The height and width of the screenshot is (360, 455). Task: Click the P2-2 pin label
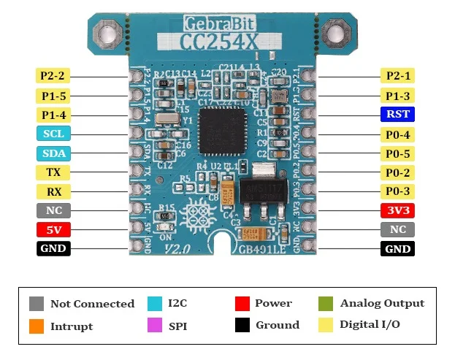pyautogui.click(x=53, y=76)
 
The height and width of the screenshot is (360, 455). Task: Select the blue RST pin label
pyautogui.click(x=398, y=115)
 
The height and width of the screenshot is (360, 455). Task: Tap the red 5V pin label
pyautogui.click(x=53, y=230)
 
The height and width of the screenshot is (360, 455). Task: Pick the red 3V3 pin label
pyautogui.click(x=398, y=211)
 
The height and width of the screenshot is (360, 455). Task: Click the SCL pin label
pyautogui.click(x=53, y=134)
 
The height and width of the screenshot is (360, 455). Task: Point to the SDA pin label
pyautogui.click(x=53, y=153)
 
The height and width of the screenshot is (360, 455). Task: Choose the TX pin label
pyautogui.click(x=53, y=172)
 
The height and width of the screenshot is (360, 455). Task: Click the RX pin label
pyautogui.click(x=53, y=192)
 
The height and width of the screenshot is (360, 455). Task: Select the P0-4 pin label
pyautogui.click(x=398, y=134)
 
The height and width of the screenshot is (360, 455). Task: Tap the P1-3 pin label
pyautogui.click(x=398, y=96)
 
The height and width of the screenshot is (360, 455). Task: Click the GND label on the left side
pyautogui.click(x=53, y=249)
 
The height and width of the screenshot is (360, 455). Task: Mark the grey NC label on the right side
pyautogui.click(x=398, y=230)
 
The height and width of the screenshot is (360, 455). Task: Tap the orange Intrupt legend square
pyautogui.click(x=37, y=326)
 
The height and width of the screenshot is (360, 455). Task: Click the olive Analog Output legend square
pyautogui.click(x=326, y=303)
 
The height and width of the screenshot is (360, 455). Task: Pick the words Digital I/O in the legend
pyautogui.click(x=370, y=324)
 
